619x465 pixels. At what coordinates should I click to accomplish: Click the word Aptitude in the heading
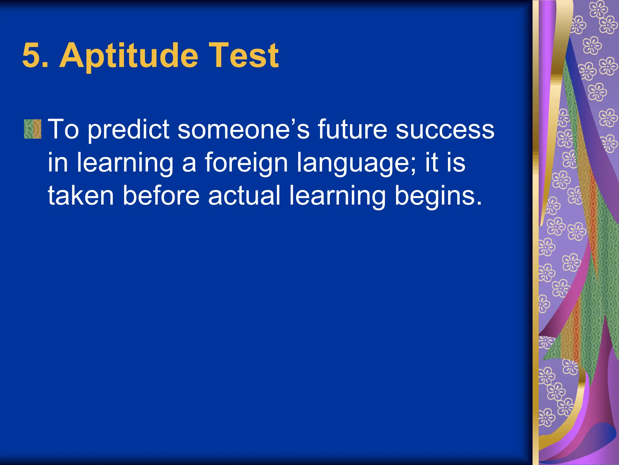[x=129, y=56]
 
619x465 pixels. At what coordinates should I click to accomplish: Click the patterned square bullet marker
[x=32, y=129]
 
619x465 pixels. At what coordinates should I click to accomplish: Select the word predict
[x=128, y=130]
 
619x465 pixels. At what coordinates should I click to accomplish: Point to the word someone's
[x=243, y=130]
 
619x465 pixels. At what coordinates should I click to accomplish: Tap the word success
[x=445, y=130]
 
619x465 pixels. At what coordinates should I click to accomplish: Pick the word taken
[x=81, y=196]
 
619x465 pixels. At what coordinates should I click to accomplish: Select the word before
[x=161, y=196]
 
